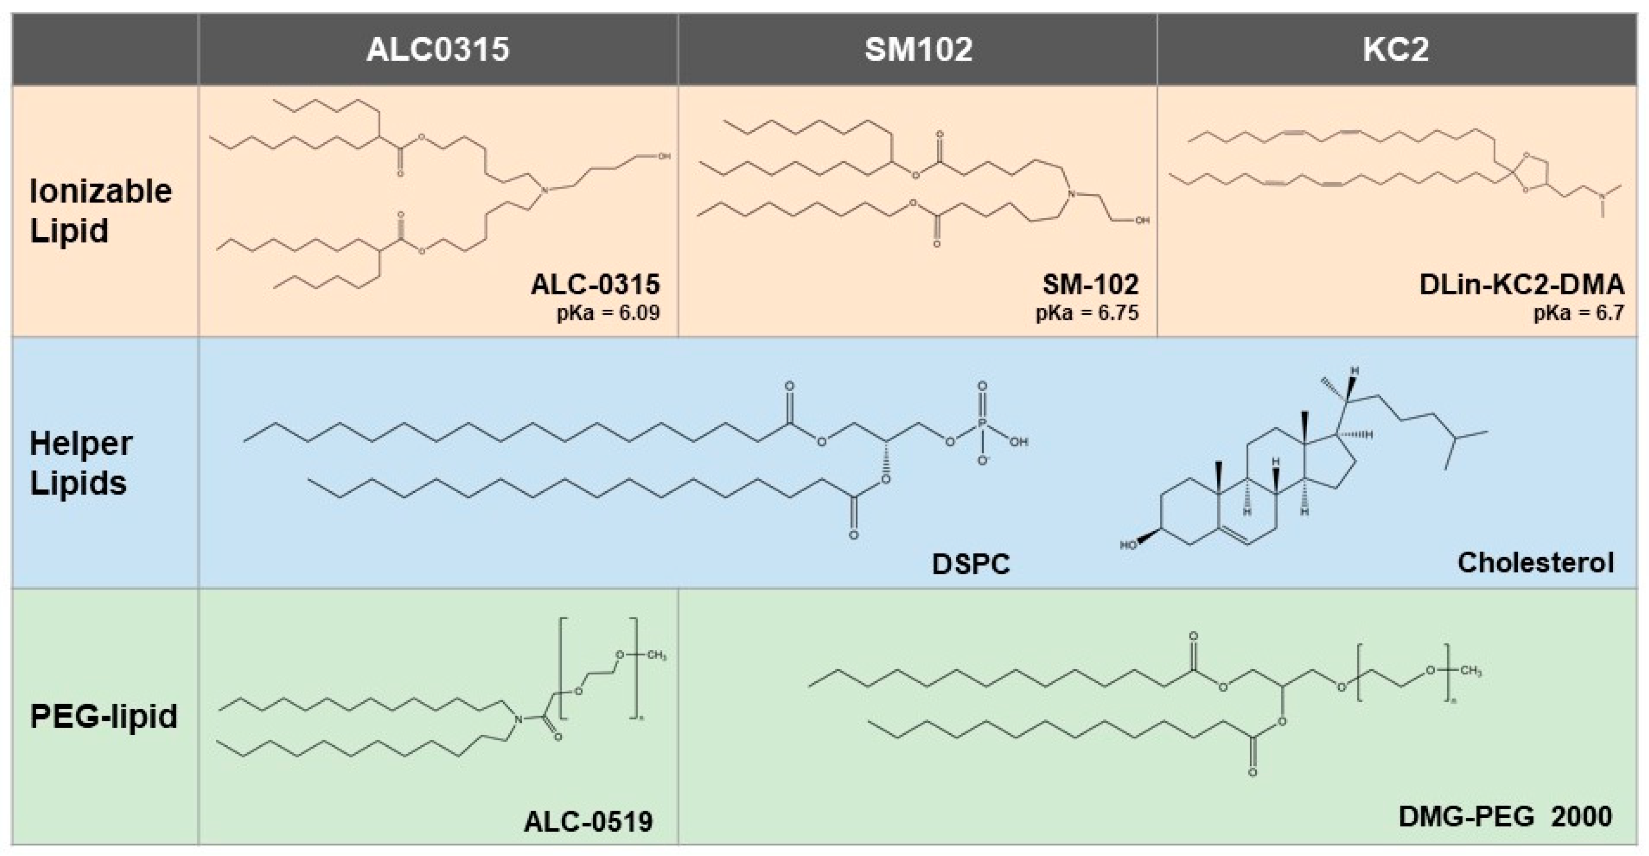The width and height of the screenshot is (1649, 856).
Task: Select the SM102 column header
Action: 919,49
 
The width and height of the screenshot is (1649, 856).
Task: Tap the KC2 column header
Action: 1396,49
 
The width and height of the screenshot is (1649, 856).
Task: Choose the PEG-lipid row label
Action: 104,716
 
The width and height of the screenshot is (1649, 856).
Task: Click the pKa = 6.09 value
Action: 608,313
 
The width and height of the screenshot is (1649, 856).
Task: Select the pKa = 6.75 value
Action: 1088,313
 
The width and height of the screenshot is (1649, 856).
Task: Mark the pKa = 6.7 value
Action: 1578,313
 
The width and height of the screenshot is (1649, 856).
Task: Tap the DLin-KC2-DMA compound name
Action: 1522,284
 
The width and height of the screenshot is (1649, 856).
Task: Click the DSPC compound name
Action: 970,564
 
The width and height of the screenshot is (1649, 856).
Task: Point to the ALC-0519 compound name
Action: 588,822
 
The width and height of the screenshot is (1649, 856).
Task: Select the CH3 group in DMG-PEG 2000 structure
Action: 1471,672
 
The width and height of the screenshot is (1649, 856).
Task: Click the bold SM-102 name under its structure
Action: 1091,284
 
